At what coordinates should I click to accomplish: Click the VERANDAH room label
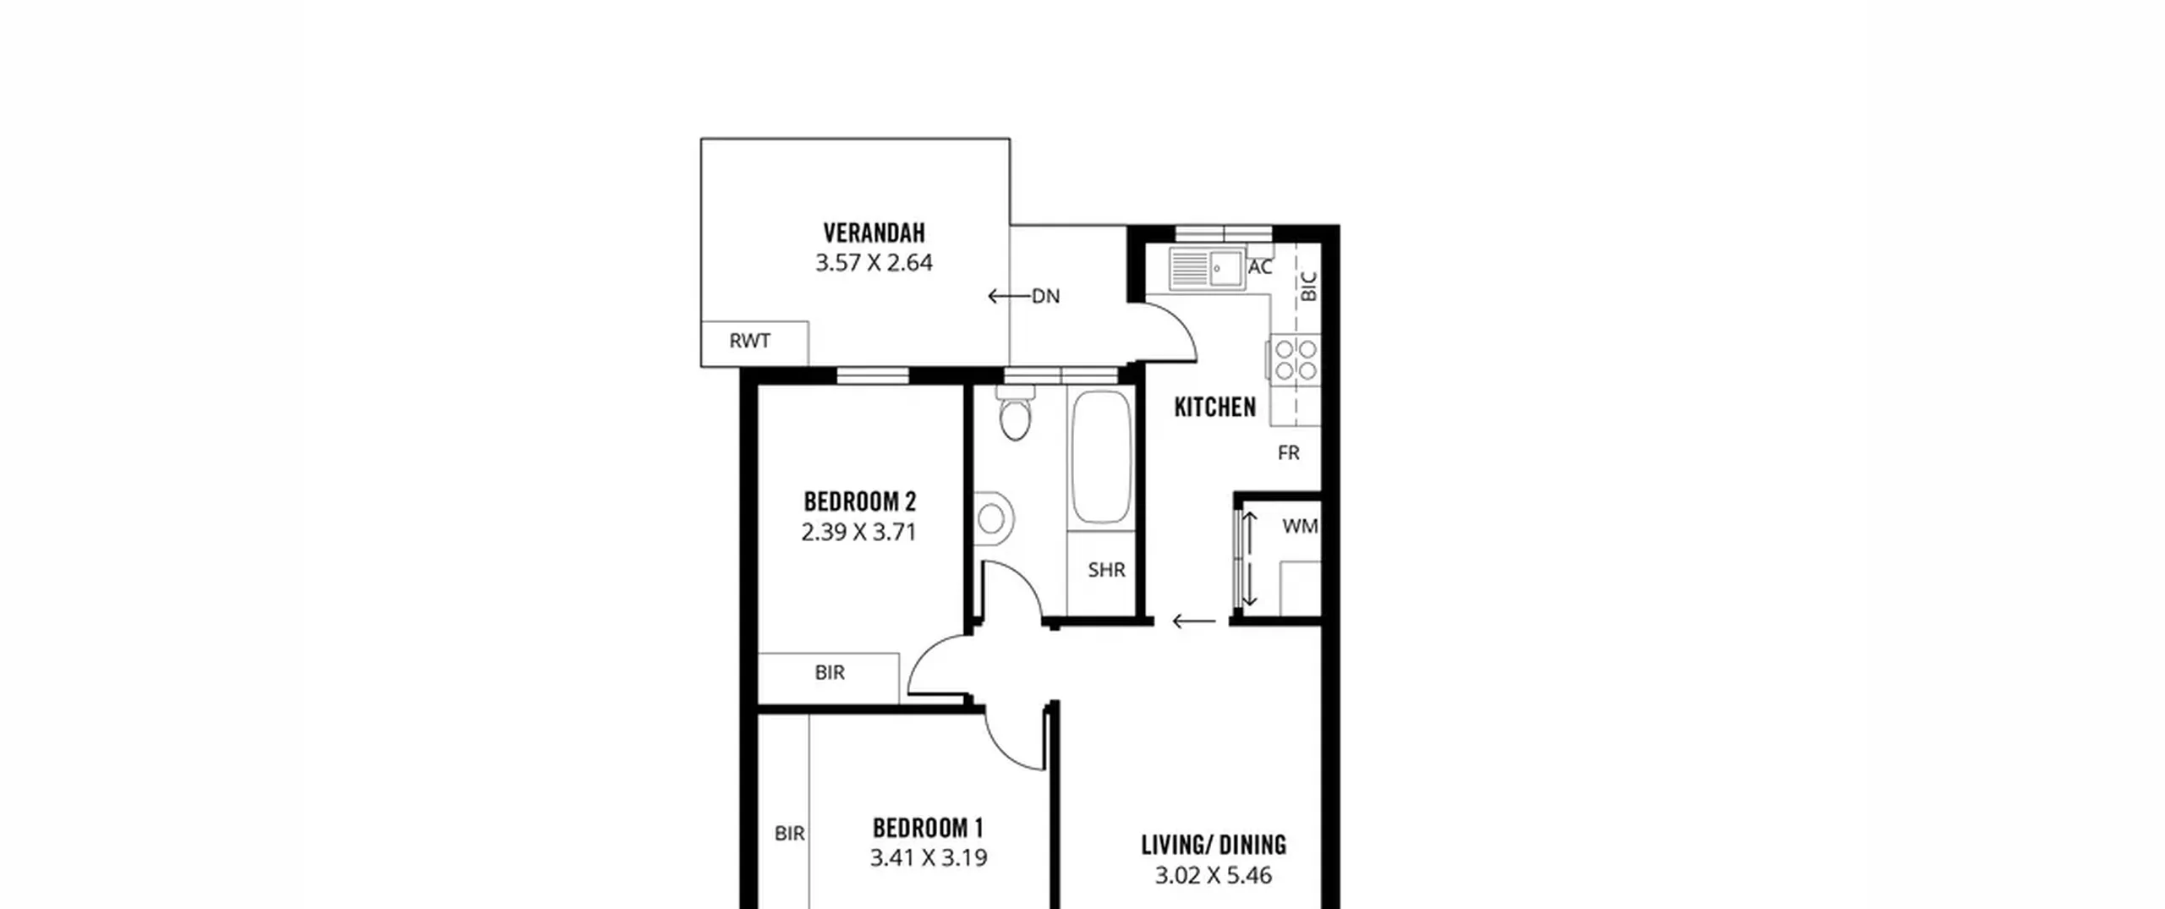coord(874,233)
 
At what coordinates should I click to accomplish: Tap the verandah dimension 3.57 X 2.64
coord(874,263)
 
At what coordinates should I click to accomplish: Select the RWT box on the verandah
coord(754,343)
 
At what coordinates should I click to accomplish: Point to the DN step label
coord(1045,296)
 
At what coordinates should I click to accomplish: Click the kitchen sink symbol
coord(1207,269)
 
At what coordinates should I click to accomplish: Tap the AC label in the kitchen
coord(1259,267)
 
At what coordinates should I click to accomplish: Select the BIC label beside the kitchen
coord(1308,287)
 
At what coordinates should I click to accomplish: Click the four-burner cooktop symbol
coord(1296,359)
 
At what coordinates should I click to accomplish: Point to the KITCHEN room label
coord(1214,408)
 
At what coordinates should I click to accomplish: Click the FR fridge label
coord(1288,453)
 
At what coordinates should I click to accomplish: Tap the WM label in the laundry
coord(1300,527)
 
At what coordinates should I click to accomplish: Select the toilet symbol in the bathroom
coord(1015,413)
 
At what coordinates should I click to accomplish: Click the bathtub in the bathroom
coord(1101,457)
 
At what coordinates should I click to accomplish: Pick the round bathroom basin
coord(993,519)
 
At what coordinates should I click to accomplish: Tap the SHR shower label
coord(1106,570)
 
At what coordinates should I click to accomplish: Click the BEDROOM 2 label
coord(859,501)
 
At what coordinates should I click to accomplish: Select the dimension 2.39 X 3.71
coord(859,533)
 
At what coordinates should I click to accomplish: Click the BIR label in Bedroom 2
coord(830,673)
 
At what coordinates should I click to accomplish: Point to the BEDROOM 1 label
coord(928,827)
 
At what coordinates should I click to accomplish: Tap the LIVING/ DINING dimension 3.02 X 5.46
coord(1214,875)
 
